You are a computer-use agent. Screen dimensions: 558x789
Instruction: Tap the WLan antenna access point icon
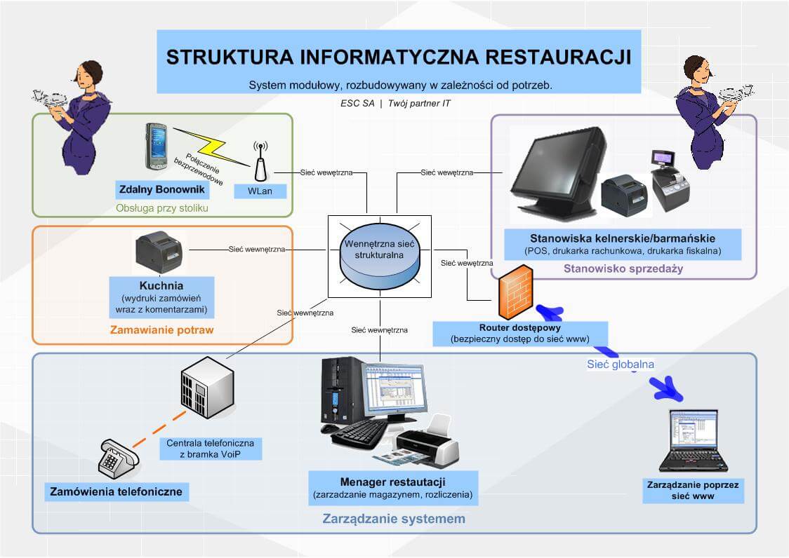[x=260, y=165]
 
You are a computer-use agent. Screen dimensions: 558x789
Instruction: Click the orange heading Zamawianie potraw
[x=162, y=329]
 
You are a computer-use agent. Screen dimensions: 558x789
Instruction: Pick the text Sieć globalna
[x=620, y=364]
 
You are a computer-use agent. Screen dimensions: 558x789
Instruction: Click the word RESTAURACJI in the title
[x=556, y=56]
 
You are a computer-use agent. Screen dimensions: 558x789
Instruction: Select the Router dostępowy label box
[x=519, y=333]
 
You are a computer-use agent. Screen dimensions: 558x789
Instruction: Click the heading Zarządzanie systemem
[x=394, y=519]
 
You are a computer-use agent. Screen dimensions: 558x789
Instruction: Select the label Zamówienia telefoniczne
[x=117, y=491]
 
